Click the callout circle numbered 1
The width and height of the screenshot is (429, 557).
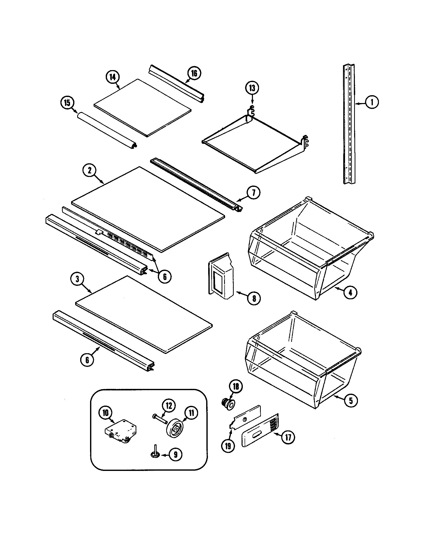[371, 102]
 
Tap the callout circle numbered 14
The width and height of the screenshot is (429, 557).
[113, 77]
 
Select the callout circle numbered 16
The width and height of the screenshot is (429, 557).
[194, 73]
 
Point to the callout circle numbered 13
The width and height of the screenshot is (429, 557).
[252, 88]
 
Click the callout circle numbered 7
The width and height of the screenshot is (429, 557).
[253, 193]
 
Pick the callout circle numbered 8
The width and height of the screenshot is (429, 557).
[254, 298]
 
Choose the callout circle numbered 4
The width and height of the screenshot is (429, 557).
[350, 292]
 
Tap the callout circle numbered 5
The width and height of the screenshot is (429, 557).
[351, 401]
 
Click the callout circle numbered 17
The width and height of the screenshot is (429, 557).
[288, 438]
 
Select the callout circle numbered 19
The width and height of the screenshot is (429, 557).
[228, 446]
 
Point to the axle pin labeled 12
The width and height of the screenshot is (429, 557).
[160, 419]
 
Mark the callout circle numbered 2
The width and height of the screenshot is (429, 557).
[90, 170]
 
